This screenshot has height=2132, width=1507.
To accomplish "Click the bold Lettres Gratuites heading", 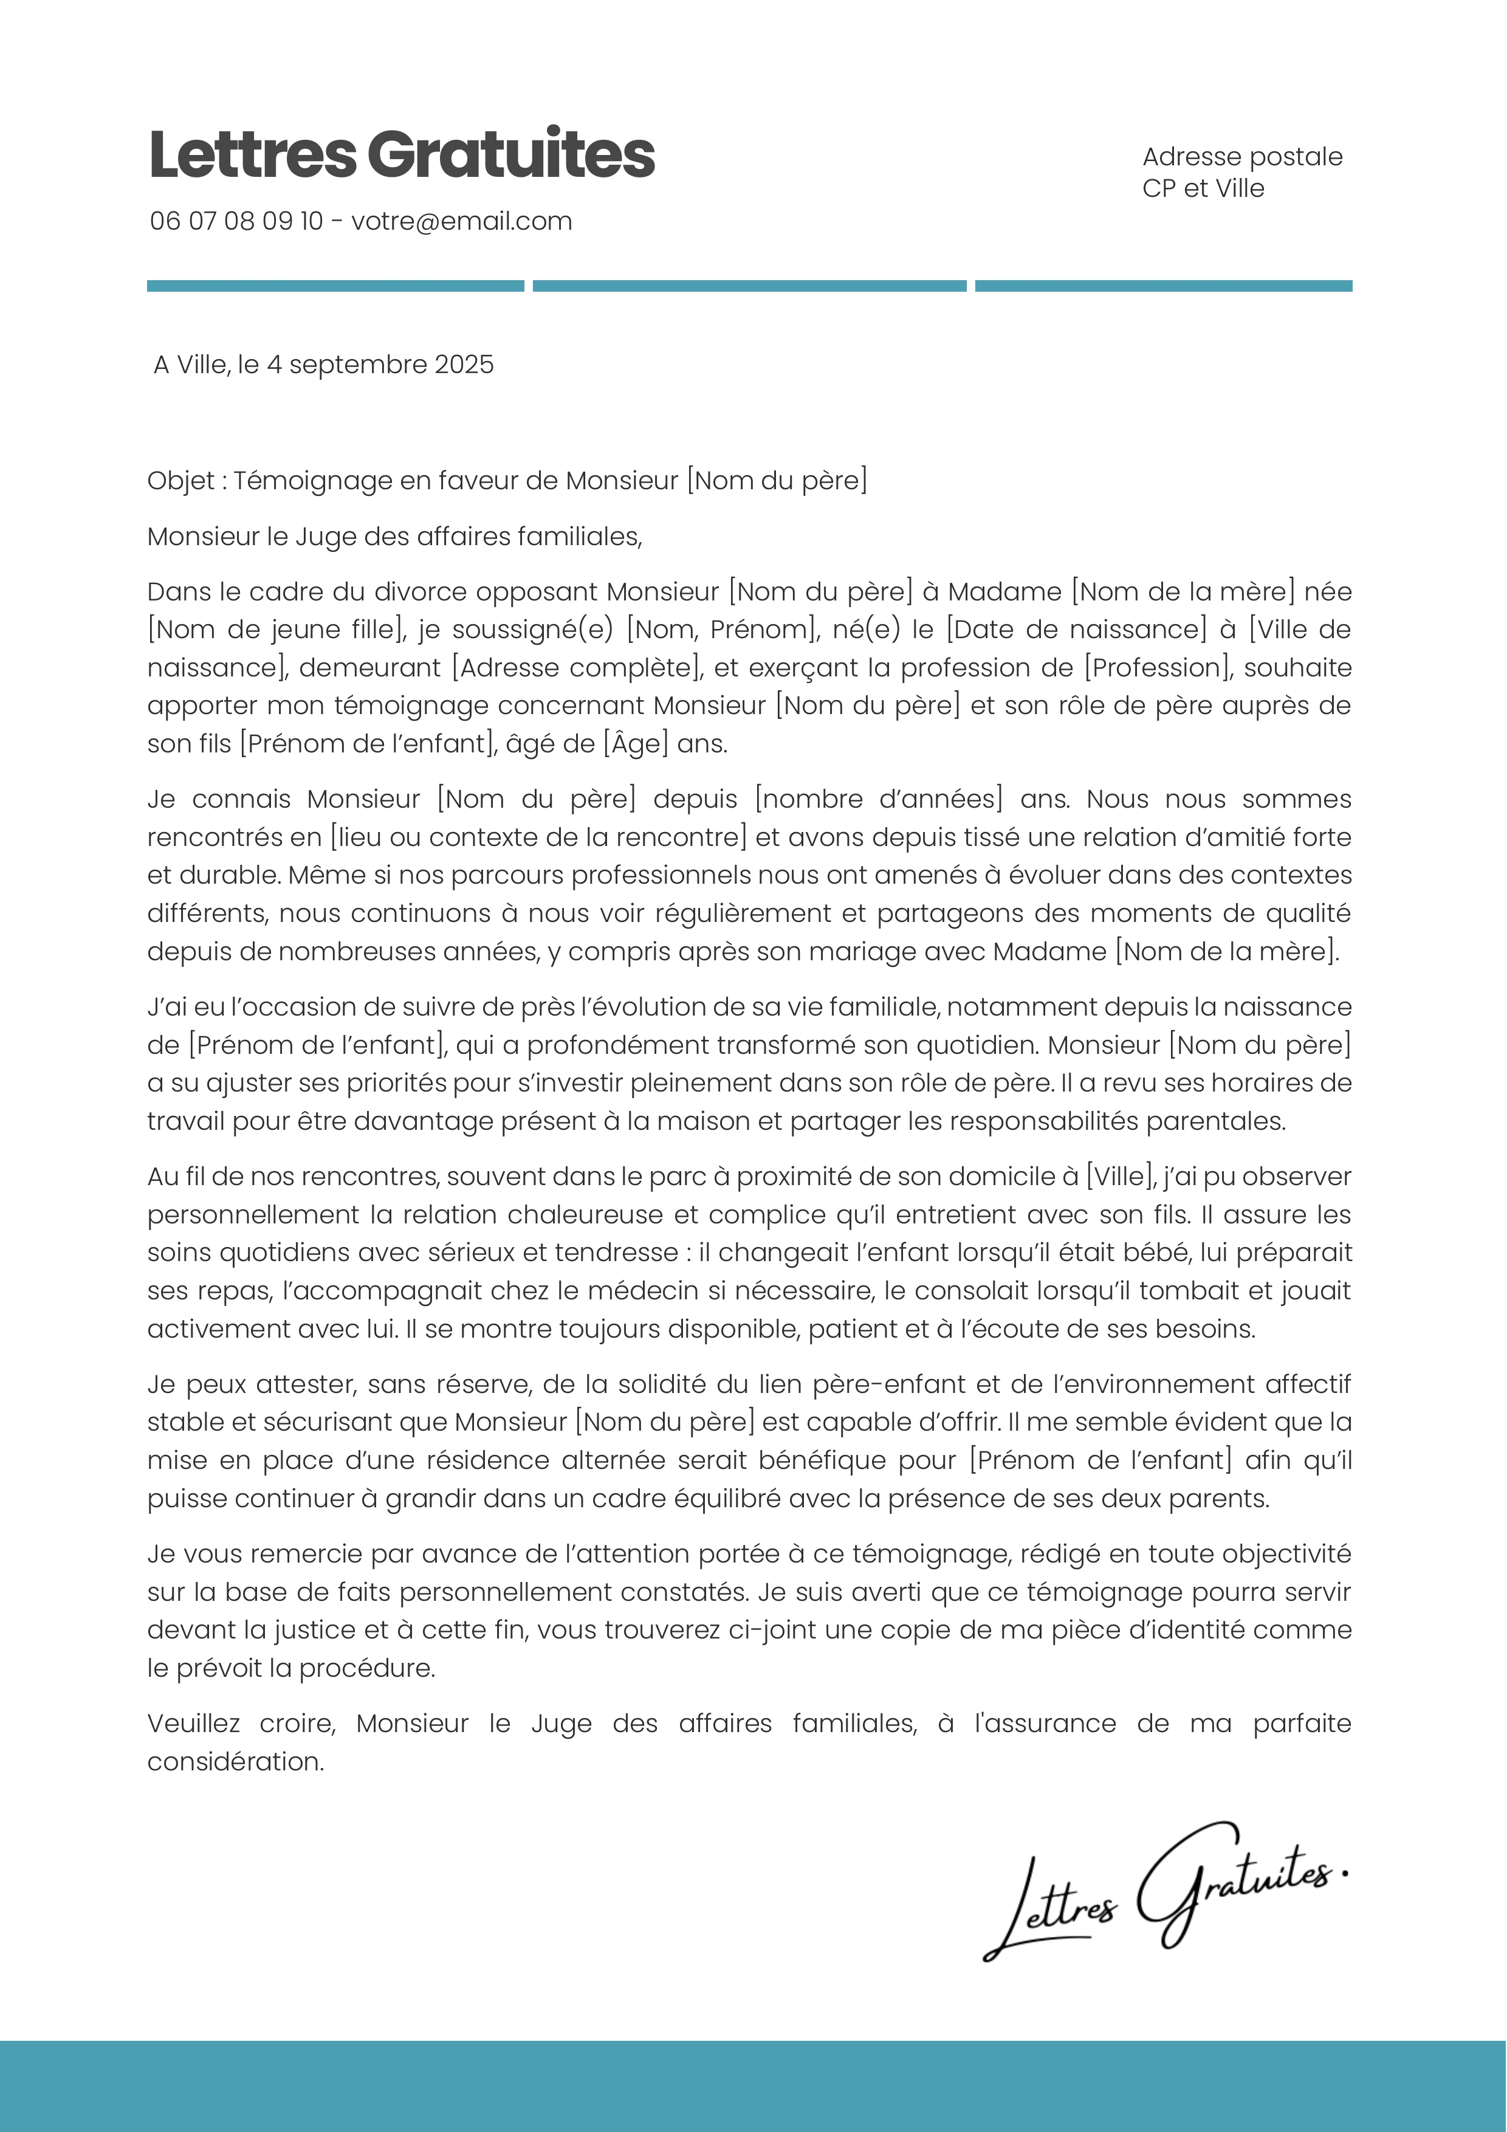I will click(401, 154).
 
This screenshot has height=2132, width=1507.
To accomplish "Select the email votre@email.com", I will click(461, 221).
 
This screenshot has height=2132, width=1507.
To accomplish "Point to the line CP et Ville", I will click(1203, 188).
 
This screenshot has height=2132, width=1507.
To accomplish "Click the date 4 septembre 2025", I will click(380, 365).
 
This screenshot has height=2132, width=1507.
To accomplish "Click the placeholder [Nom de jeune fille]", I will click(276, 630).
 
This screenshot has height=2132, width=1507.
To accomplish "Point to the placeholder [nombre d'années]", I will click(879, 800).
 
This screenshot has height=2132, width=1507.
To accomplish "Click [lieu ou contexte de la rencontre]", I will click(538, 837).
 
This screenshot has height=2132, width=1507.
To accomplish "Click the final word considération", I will click(236, 1761).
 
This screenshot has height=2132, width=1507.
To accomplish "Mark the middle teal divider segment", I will click(749, 286).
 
